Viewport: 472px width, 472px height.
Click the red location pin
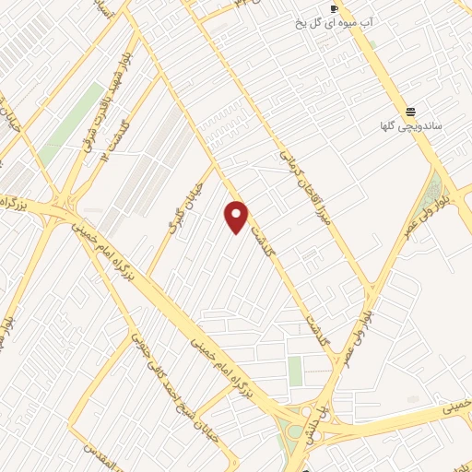[237, 216]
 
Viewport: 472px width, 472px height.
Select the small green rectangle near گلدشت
[295, 372]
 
